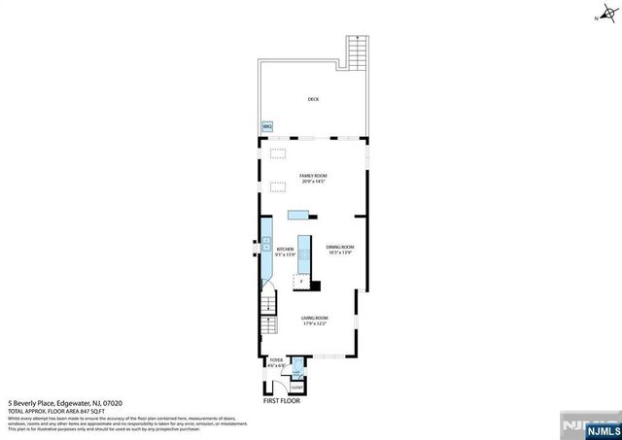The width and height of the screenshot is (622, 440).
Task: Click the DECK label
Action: pos(313,99)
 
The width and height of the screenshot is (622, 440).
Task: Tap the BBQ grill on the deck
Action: pos(267,126)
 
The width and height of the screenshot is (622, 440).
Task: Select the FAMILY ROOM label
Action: pos(312,176)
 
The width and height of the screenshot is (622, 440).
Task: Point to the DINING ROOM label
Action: pos(339,248)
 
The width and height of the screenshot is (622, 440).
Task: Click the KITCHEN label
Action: pos(285,250)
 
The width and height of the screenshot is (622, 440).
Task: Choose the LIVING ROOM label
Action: pos(314,318)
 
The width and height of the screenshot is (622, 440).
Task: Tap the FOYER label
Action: pos(276,360)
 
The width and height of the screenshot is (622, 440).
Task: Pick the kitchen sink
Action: pos(264,248)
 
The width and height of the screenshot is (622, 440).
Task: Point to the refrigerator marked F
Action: pos(300,282)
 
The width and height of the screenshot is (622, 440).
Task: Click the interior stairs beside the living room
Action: pos(267,314)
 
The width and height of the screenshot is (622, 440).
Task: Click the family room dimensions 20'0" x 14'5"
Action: pos(312,182)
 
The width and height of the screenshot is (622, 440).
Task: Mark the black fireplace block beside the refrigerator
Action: pos(315,286)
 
